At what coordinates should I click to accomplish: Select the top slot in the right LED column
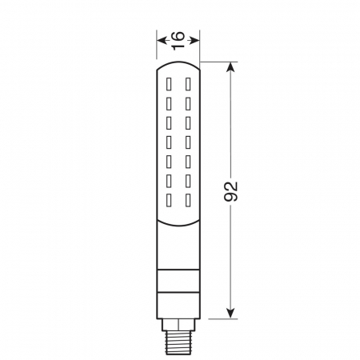187,82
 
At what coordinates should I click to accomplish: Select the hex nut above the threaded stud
178,322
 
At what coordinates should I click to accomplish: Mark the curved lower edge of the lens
178,219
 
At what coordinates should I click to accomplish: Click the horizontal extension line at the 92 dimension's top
216,62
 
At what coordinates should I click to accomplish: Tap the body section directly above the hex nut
178,303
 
